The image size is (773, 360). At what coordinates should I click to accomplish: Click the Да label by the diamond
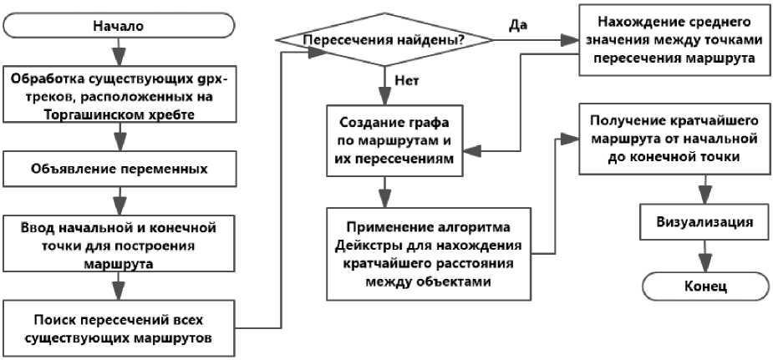pyautogui.click(x=517, y=24)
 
